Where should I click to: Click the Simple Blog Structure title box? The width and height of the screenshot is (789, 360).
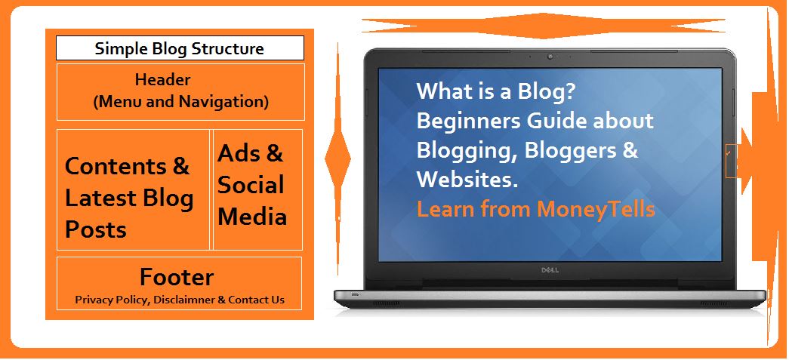(180, 48)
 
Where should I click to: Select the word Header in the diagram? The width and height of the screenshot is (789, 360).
(162, 79)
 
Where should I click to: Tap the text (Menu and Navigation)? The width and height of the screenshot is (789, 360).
(180, 102)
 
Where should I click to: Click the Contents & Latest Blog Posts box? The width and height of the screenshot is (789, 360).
(133, 189)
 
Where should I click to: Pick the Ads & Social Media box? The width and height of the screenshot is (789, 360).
(257, 189)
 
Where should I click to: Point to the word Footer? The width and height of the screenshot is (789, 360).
(177, 277)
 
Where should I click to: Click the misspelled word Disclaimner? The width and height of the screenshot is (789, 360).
(184, 300)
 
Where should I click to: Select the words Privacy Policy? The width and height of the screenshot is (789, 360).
(112, 300)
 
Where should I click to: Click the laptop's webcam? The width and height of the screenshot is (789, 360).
(550, 57)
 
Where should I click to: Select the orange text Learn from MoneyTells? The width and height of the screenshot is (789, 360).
(536, 208)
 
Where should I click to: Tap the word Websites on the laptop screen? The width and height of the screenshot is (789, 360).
(467, 180)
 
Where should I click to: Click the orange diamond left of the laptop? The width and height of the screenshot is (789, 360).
(337, 158)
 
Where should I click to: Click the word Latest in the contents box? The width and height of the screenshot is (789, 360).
(100, 198)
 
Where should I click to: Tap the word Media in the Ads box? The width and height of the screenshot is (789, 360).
(252, 217)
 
